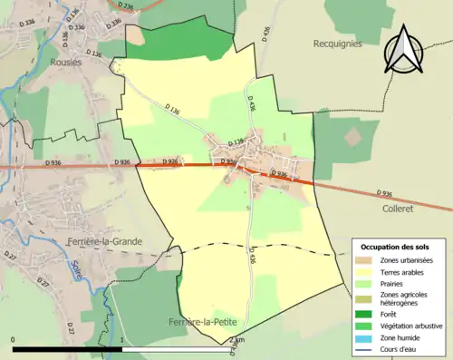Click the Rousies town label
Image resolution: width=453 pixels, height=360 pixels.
tap(67, 62)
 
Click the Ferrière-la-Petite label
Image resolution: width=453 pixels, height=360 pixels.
tap(203, 322)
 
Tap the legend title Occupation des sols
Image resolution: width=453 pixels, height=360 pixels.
tap(395, 247)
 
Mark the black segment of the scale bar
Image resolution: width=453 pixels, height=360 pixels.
tap(67, 349)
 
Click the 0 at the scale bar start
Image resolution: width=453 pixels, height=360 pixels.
tap(14, 340)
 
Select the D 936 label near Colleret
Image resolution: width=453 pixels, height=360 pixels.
tap(384, 193)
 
